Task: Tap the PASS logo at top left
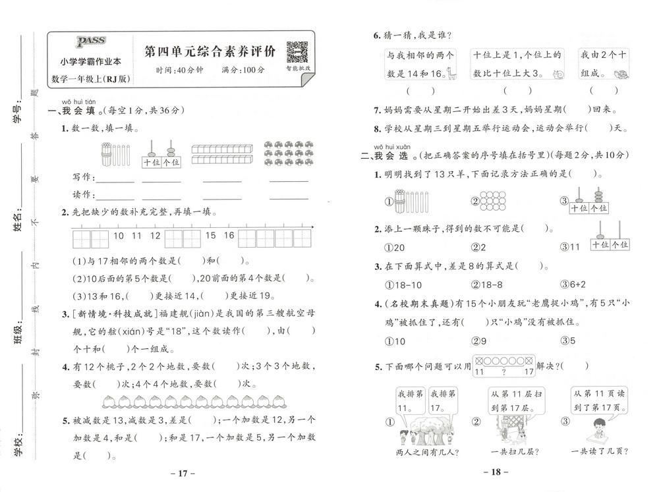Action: click(87, 43)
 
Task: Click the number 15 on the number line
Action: click(211, 235)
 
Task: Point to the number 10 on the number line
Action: click(119, 235)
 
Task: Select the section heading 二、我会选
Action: click(389, 156)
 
